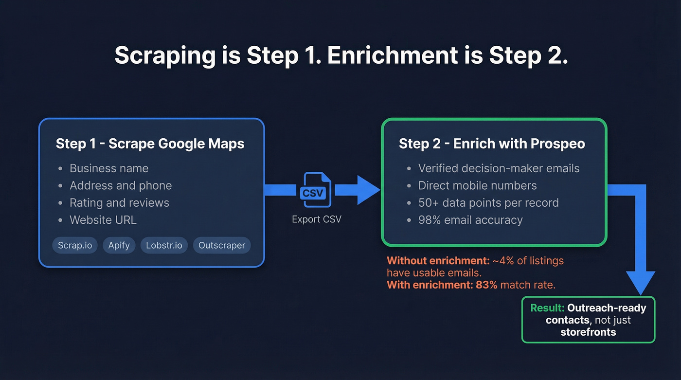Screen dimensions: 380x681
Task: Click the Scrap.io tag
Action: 75,245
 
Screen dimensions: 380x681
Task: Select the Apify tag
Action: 119,245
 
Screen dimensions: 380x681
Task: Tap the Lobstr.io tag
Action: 164,245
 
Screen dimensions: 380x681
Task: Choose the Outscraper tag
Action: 222,245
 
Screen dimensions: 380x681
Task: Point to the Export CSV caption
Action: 317,219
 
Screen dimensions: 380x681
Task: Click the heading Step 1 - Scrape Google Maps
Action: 150,144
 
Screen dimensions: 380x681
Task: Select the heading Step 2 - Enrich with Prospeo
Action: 492,144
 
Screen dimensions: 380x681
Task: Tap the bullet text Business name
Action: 109,168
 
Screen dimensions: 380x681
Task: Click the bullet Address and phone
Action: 121,185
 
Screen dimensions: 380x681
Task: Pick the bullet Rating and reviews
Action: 119,202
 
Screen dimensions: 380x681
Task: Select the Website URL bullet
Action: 103,220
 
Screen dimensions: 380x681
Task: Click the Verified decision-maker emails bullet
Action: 499,168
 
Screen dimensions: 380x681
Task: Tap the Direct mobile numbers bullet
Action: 477,185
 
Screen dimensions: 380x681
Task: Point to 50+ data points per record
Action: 488,202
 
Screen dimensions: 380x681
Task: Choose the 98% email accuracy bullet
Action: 470,220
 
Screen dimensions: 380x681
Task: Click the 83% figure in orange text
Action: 486,285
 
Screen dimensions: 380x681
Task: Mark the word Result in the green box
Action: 547,308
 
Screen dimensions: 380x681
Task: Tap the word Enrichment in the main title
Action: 393,56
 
